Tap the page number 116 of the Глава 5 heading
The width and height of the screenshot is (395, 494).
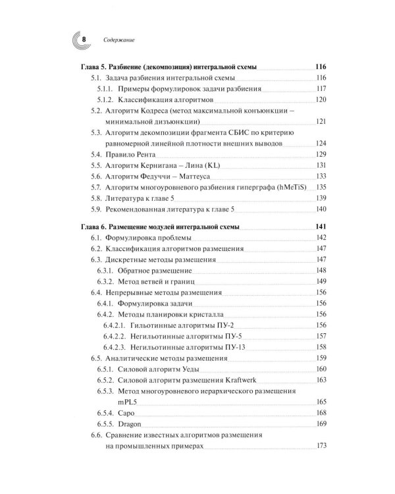click(321, 67)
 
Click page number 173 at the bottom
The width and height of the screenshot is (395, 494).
click(321, 446)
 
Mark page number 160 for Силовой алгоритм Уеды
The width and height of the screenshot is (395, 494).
click(321, 369)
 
